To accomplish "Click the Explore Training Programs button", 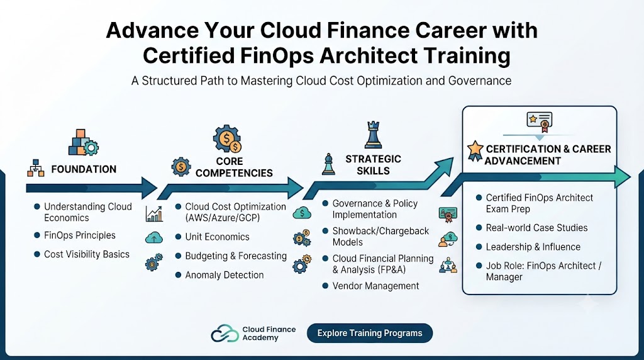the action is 370,333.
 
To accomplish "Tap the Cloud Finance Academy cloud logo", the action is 225,334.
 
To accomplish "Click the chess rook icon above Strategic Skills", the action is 374,135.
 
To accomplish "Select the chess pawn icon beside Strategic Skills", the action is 328,164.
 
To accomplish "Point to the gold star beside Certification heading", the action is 475,151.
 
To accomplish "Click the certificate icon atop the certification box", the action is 539,122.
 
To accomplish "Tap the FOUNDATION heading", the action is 84,169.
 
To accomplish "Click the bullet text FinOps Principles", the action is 80,235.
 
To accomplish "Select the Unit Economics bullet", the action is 217,237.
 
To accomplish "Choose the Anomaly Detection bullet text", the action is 225,275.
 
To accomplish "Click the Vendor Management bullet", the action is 376,286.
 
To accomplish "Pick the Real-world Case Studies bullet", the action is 537,228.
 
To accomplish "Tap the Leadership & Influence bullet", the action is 533,247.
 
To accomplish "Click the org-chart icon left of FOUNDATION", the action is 36,168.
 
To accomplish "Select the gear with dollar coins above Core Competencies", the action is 227,139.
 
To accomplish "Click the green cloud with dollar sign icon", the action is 302,213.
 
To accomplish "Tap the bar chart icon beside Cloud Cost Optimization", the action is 154,214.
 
